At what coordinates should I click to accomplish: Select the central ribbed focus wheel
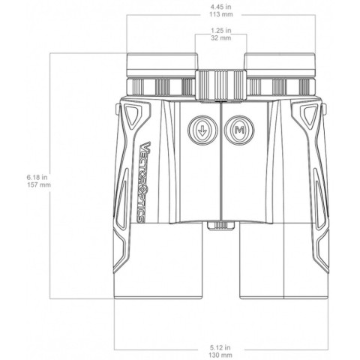click(x=221, y=83)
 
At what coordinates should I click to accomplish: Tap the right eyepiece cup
click(x=279, y=62)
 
